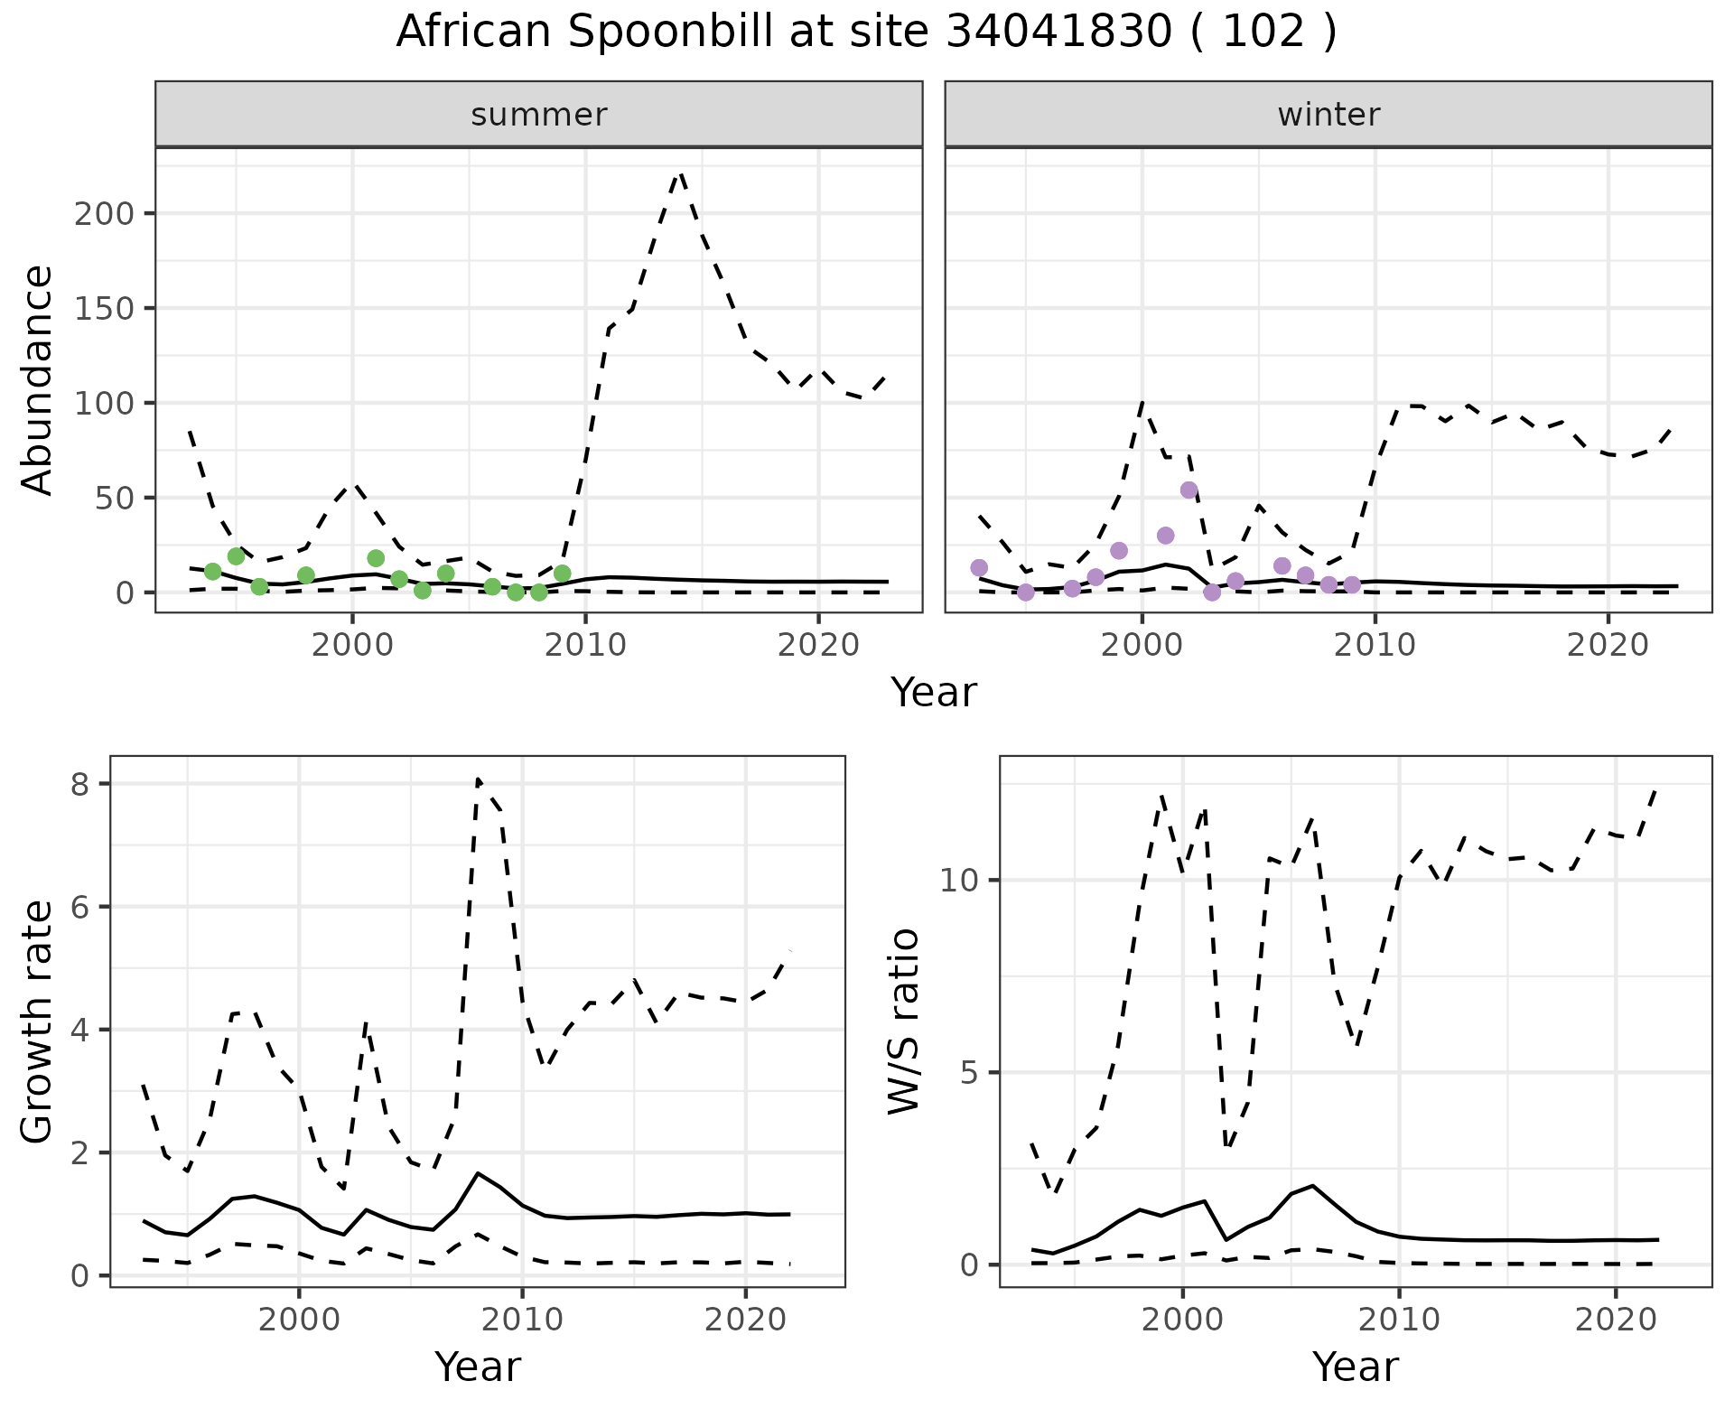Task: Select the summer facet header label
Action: tap(539, 115)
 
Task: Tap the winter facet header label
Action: tap(1328, 115)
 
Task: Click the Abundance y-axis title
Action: tap(38, 379)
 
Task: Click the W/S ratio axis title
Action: tap(904, 1022)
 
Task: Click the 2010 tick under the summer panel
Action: tap(585, 646)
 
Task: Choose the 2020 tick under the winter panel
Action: tap(1608, 646)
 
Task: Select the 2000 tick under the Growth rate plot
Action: tap(299, 1320)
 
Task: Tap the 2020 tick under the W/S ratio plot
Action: tap(1616, 1320)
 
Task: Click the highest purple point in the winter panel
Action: tap(1189, 490)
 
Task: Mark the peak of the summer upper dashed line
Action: tap(680, 173)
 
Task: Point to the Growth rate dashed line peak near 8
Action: tap(478, 779)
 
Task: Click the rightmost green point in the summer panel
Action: tap(563, 574)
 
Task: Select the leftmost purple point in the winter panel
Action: tap(979, 568)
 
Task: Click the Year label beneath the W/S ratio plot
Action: tap(1355, 1367)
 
